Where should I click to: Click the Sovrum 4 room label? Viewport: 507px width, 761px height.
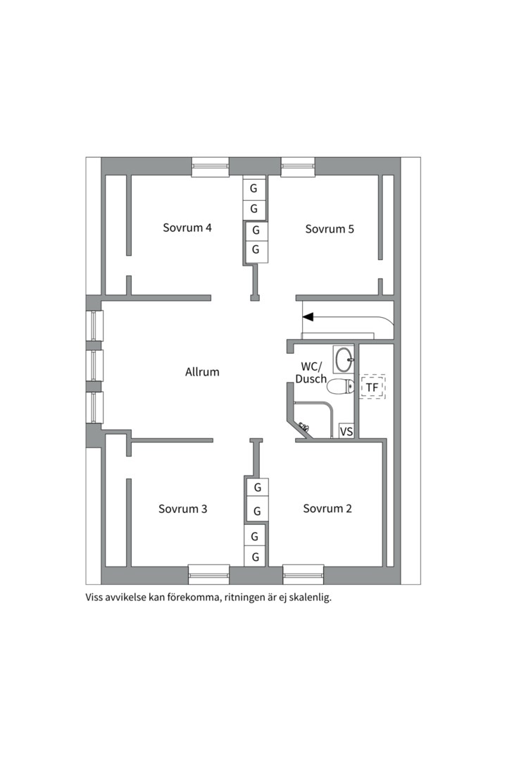point(187,228)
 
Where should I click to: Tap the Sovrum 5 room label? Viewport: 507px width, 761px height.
point(330,228)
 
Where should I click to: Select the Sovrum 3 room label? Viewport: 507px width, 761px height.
point(182,509)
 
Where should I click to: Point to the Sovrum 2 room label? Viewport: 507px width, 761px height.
point(327,508)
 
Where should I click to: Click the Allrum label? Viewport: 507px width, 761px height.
point(202,372)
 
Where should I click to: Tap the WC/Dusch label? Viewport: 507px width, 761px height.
point(311,372)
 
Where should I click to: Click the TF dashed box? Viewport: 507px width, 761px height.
point(373,387)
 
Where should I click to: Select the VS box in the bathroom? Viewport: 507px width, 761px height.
point(346,431)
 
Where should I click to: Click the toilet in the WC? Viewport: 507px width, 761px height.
point(340,387)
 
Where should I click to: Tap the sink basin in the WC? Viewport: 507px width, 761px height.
point(344,359)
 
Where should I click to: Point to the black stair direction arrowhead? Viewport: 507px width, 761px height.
point(308,317)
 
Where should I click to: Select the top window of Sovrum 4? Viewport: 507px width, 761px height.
point(210,167)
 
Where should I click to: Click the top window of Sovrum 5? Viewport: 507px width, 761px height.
point(299,167)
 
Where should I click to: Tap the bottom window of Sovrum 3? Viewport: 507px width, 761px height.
point(208,574)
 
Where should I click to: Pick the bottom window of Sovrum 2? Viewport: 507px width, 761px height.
point(303,574)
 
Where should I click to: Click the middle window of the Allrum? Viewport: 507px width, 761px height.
point(94,366)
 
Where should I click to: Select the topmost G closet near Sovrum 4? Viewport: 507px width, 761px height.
point(254,188)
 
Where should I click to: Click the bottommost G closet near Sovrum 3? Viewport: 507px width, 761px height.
point(255,557)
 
